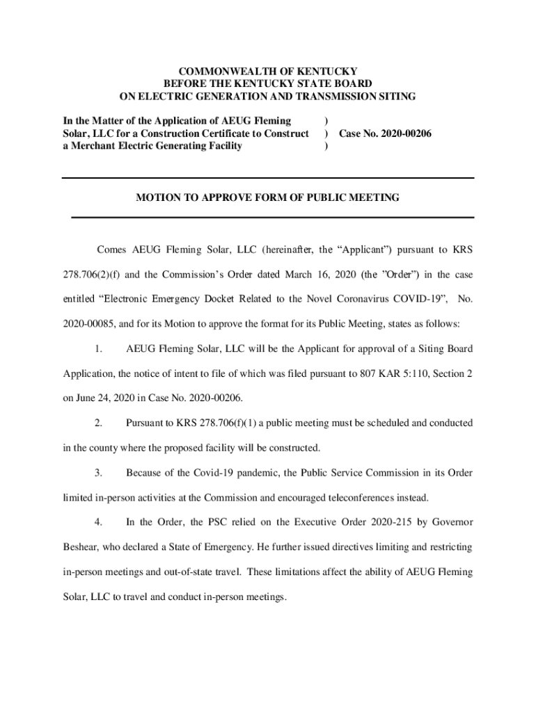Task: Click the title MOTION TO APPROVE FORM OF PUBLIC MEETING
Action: pyautogui.click(x=267, y=197)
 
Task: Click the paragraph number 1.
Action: pyautogui.click(x=99, y=348)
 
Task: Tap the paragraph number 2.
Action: pyautogui.click(x=99, y=423)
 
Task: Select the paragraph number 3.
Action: pyautogui.click(x=99, y=473)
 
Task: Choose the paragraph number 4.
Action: pyautogui.click(x=99, y=522)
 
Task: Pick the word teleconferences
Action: pyautogui.click(x=375, y=498)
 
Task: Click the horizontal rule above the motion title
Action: pyautogui.click(x=267, y=179)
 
